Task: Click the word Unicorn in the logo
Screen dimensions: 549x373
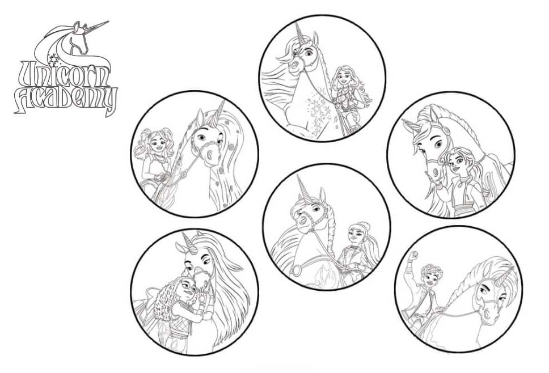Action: pos(65,74)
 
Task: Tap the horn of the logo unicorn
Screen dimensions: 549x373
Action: pos(97,26)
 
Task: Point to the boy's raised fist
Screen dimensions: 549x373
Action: pos(415,255)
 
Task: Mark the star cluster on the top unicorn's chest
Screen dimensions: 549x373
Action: pos(318,114)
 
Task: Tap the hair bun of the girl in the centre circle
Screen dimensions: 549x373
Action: pos(363,224)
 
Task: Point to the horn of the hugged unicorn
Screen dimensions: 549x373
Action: pos(188,241)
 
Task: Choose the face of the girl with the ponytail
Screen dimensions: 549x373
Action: pos(456,162)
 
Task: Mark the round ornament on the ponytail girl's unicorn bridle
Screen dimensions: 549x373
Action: pos(446,130)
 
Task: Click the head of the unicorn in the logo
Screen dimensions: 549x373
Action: pos(79,38)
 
